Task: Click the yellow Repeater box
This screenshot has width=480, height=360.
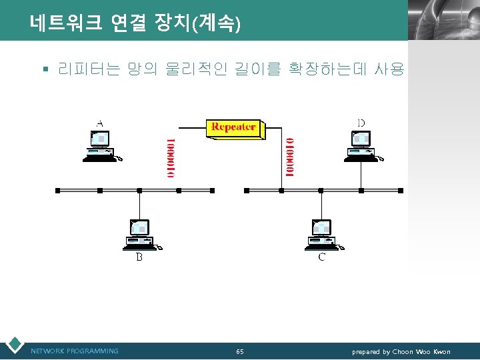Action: [234, 127]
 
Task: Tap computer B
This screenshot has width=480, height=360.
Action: [140, 235]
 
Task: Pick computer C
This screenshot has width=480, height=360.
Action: [321, 235]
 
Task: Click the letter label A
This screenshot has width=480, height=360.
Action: [100, 123]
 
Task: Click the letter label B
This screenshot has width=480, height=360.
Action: [139, 257]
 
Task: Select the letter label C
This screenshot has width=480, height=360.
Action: [321, 257]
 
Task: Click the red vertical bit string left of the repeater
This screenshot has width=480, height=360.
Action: [171, 157]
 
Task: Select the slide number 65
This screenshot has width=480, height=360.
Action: [240, 351]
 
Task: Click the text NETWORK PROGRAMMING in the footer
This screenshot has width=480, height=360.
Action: [75, 351]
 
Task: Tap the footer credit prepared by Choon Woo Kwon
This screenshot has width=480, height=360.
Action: [401, 351]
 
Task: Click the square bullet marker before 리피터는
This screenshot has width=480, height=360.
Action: [45, 69]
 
